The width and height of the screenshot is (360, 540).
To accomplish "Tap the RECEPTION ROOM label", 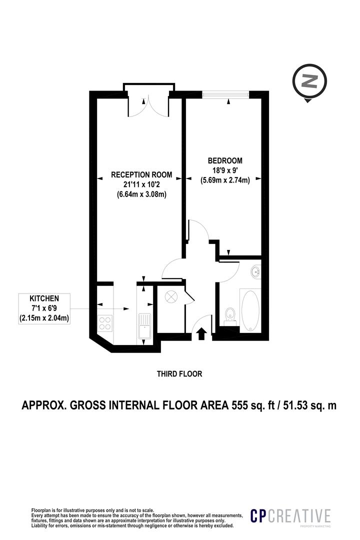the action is pyautogui.click(x=141, y=175).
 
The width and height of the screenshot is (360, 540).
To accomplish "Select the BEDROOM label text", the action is pyautogui.click(x=225, y=160).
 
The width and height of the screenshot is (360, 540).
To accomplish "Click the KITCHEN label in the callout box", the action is pyautogui.click(x=44, y=298).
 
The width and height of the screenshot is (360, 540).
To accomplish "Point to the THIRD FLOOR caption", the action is pyautogui.click(x=179, y=373).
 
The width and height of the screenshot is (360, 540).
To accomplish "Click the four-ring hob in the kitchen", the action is pyautogui.click(x=105, y=323).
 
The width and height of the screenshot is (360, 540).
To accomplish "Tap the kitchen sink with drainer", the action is pyautogui.click(x=144, y=326).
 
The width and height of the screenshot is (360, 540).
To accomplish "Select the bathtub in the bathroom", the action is pyautogui.click(x=250, y=310).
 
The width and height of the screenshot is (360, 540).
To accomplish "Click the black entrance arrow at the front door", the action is pyautogui.click(x=201, y=333).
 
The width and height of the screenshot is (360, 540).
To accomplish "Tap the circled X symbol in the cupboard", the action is pyautogui.click(x=171, y=297).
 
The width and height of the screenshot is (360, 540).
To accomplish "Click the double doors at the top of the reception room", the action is pyautogui.click(x=148, y=106).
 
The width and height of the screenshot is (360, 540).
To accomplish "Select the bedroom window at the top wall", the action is pyautogui.click(x=225, y=93).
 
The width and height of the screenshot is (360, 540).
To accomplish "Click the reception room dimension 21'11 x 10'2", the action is pyautogui.click(x=141, y=184).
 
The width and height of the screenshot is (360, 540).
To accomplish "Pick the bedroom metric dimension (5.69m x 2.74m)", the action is pyautogui.click(x=225, y=180).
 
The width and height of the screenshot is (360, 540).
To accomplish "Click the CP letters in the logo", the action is pyautogui.click(x=258, y=516).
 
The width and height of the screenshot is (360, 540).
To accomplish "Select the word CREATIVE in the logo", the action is pyautogui.click(x=299, y=516).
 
